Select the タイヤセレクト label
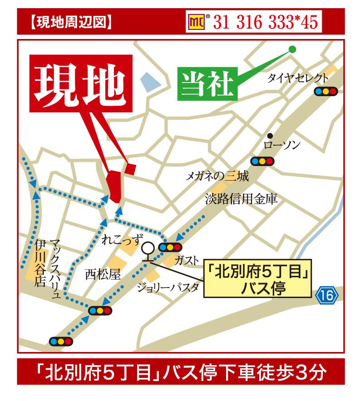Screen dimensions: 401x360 click(297, 77)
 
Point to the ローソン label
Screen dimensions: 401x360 click(282, 145)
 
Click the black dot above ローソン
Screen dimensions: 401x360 click(270, 135)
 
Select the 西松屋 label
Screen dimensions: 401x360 click(103, 274)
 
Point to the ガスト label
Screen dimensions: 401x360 click(186, 260)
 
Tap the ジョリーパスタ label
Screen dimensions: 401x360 click(168, 287)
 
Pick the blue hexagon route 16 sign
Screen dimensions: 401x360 click(327, 295)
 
